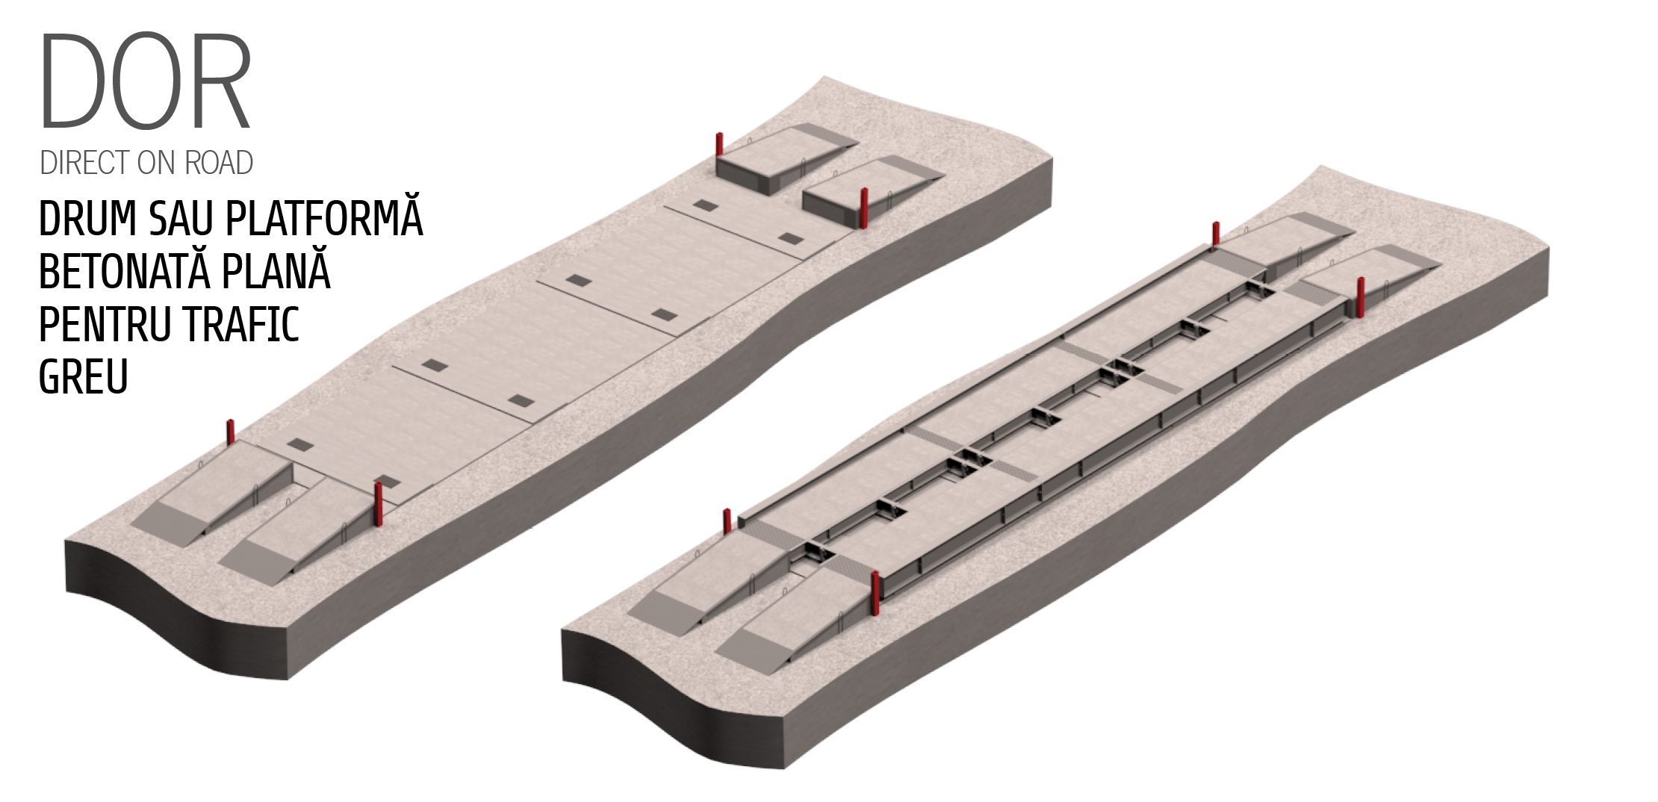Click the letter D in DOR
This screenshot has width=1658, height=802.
point(72,80)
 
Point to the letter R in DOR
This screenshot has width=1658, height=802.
point(222,80)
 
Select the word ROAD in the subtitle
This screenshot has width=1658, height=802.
point(219,163)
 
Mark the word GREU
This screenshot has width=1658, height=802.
point(84,376)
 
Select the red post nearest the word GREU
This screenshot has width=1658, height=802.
point(231,433)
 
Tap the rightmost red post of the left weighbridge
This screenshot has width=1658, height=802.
point(865,208)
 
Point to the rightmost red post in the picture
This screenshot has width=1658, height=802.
point(1361,297)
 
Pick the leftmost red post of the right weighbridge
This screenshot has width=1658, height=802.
point(727,521)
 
